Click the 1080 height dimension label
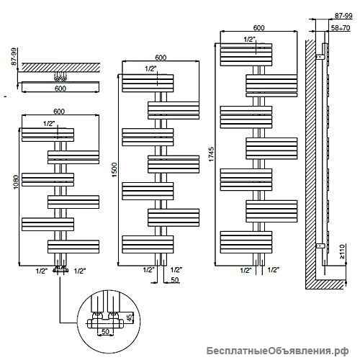pyautogui.click(x=16, y=182)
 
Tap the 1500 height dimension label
pyautogui.click(x=114, y=170)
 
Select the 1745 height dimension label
pyautogui.click(x=211, y=154)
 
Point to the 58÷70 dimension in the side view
pyautogui.click(x=341, y=28)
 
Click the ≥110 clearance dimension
pyautogui.click(x=342, y=251)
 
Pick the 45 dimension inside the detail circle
pyautogui.click(x=130, y=318)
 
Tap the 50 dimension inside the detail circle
pyautogui.click(x=105, y=331)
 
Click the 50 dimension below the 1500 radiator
pyautogui.click(x=175, y=280)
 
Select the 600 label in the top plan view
pyautogui.click(x=60, y=89)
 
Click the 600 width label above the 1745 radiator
pyautogui.click(x=258, y=28)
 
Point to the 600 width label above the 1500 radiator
pyautogui.click(x=161, y=58)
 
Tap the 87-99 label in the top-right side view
pyautogui.click(x=343, y=16)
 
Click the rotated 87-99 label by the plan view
pyautogui.click(x=14, y=57)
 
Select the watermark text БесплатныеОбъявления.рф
pyautogui.click(x=278, y=351)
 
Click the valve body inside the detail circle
pyautogui.click(x=105, y=322)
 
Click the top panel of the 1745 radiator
pyautogui.click(x=246, y=55)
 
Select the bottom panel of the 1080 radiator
pyautogui.click(x=73, y=246)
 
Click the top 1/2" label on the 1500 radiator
pyautogui.click(x=150, y=69)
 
